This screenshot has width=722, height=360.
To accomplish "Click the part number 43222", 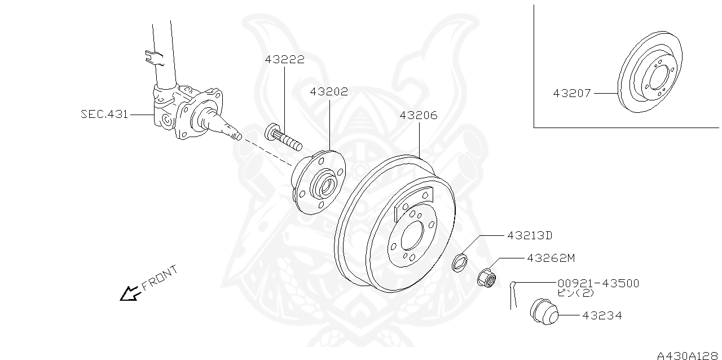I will click(285, 59).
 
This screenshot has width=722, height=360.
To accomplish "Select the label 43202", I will click(329, 91).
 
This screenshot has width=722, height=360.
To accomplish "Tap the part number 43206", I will click(419, 115).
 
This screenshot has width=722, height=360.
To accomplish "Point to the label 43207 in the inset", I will click(572, 93).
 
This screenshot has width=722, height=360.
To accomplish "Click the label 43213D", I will click(530, 235).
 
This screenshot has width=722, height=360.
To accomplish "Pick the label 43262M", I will click(551, 258).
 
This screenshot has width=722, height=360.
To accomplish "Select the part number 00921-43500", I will click(598, 283).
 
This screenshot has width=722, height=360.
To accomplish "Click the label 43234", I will click(602, 315).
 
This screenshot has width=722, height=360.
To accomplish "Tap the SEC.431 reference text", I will click(104, 114).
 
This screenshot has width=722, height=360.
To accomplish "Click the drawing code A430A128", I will click(688, 355).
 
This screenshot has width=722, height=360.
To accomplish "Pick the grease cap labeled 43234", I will click(543, 311).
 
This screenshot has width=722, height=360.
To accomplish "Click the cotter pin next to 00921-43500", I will click(513, 295).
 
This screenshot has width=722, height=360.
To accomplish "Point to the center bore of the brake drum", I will click(413, 235).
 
